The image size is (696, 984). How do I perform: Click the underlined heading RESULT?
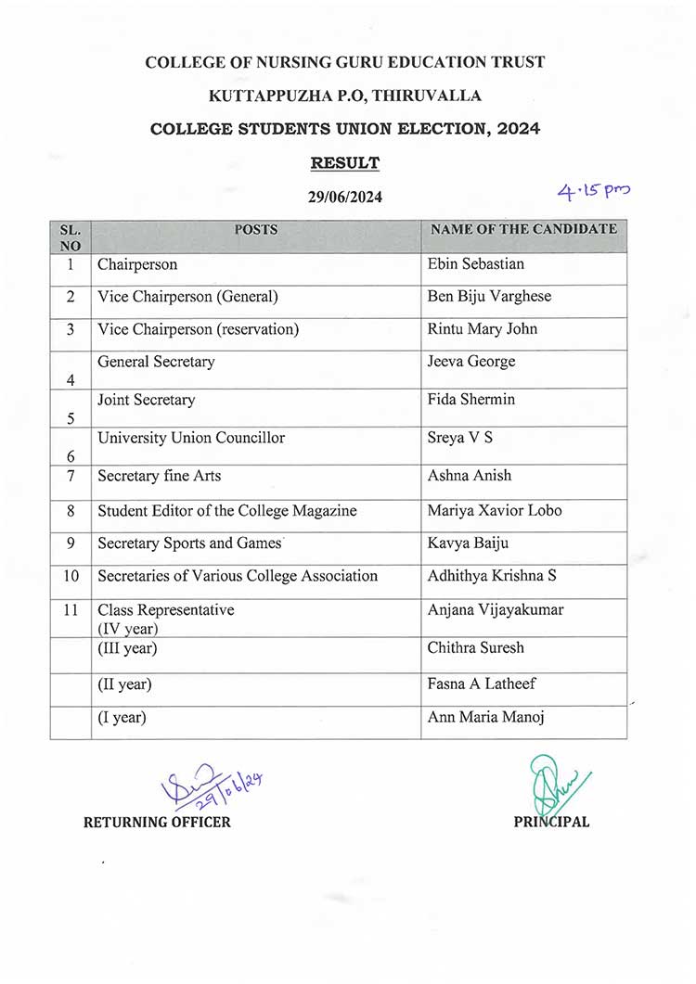click(x=344, y=163)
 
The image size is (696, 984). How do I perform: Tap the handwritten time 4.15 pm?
click(x=593, y=192)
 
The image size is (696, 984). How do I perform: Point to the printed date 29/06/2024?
click(x=344, y=197)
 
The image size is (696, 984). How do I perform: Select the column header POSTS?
click(x=255, y=229)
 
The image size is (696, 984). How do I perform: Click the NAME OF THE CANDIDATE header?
click(x=523, y=229)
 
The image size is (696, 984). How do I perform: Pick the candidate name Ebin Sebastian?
click(x=475, y=264)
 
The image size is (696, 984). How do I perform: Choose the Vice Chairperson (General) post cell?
click(x=187, y=297)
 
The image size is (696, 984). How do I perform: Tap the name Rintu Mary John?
click(x=482, y=329)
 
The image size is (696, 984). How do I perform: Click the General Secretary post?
click(x=156, y=362)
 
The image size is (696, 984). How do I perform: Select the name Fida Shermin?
click(x=470, y=400)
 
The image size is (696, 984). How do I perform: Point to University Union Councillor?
click(x=191, y=438)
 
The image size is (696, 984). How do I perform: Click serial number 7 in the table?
click(x=71, y=477)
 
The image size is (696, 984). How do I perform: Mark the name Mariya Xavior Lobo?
click(x=494, y=511)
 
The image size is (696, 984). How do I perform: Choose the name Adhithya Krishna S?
click(x=492, y=576)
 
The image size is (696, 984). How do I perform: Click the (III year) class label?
click(x=127, y=648)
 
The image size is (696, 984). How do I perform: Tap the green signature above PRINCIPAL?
click(x=552, y=785)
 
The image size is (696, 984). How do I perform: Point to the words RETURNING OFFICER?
click(x=157, y=822)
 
